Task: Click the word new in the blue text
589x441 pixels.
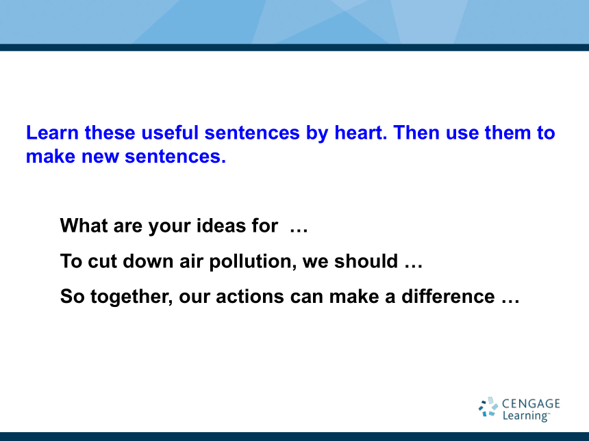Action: [x=100, y=157]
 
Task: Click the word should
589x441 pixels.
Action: [x=366, y=261]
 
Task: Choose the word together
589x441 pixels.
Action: [x=131, y=297]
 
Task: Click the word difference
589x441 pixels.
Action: [x=448, y=296]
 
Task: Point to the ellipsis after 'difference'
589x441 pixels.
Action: [x=510, y=301]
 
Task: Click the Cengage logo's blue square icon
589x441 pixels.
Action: [x=488, y=407]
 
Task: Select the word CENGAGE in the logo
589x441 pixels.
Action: [x=531, y=403]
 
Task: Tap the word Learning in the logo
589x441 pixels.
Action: [x=526, y=416]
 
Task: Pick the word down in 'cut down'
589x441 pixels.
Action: [x=148, y=261]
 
